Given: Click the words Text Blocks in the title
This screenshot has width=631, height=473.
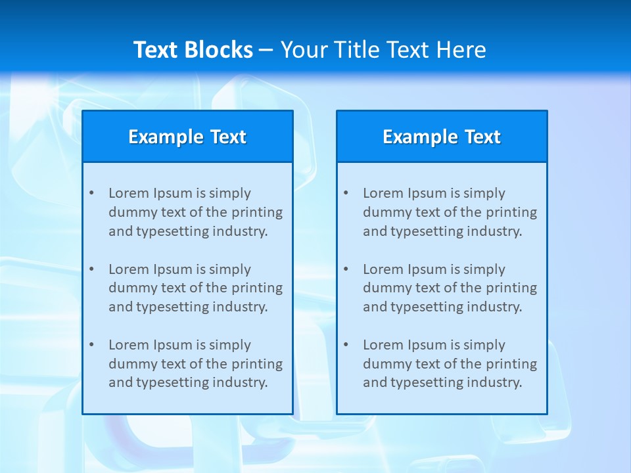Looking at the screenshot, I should click(193, 50).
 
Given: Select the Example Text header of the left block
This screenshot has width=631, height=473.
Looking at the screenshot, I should click(187, 137).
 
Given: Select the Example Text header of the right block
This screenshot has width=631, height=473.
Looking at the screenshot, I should click(442, 137).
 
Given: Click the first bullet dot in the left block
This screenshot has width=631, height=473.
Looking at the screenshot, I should click(91, 193).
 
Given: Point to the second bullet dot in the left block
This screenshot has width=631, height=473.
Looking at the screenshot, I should click(91, 269).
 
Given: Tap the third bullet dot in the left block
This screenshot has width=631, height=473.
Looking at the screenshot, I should click(91, 345).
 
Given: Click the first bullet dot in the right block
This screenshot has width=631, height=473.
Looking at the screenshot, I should click(346, 193).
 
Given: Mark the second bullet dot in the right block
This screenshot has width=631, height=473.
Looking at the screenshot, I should click(346, 269).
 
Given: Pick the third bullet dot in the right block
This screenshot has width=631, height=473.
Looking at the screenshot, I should click(346, 345).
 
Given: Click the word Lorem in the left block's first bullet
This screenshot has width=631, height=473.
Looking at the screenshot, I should click(129, 193).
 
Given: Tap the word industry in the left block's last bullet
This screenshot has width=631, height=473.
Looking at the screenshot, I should click(241, 383).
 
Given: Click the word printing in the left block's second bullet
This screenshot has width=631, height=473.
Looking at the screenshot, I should click(258, 288).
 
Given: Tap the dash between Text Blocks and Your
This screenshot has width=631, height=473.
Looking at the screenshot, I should click(266, 50).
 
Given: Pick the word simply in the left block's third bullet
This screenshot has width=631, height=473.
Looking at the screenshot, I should click(230, 345).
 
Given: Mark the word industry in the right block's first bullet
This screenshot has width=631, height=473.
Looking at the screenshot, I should click(495, 231).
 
